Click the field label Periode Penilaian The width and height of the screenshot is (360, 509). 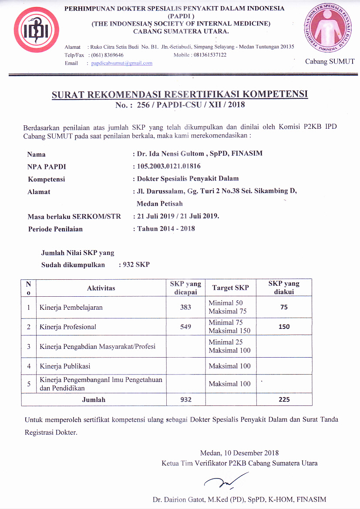coord(55,229)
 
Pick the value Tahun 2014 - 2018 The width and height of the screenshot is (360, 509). coord(166,228)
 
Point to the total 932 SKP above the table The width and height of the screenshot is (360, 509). coord(136,265)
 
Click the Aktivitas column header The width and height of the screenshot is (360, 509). coord(101,288)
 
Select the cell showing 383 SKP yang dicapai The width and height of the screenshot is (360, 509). coord(185,307)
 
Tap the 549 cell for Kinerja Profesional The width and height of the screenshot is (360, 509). coord(185,327)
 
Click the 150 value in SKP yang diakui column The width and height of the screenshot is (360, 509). coord(284,327)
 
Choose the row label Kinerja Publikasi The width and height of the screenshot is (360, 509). coord(65,366)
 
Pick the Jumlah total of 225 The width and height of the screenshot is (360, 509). coord(284,399)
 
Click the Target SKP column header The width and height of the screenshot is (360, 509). coord(230,288)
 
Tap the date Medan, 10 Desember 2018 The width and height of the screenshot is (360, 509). coord(239,453)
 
